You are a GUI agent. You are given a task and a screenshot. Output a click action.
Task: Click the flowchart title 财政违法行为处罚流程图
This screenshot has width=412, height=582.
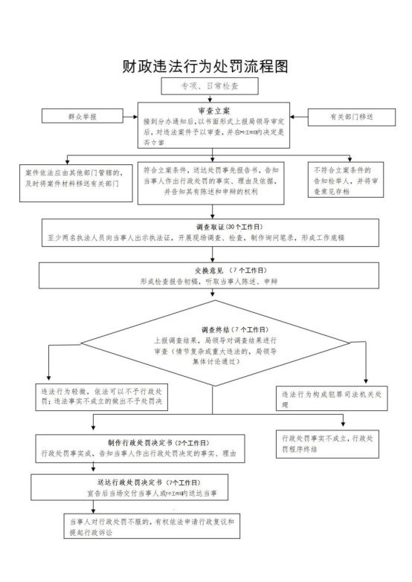tap(205, 66)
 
